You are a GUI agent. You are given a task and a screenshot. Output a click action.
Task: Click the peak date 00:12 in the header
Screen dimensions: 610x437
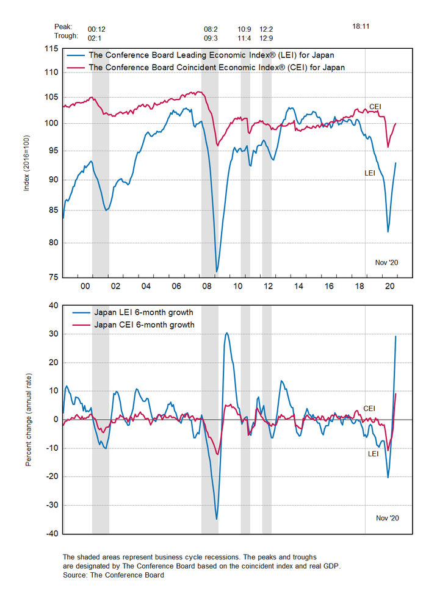coord(96,28)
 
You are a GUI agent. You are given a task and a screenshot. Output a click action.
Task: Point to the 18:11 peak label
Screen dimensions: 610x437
coord(362,27)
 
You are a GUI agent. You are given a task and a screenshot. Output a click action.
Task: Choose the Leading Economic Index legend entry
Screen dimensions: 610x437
coord(211,56)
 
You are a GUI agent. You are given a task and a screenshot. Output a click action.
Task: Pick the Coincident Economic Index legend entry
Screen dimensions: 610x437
coord(217,67)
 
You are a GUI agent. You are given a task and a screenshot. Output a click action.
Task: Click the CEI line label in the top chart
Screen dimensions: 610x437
coord(375,107)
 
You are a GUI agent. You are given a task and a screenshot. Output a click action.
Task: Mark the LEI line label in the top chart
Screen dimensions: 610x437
coord(370,173)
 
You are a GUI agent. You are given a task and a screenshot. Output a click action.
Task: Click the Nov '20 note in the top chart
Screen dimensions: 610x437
coord(386,262)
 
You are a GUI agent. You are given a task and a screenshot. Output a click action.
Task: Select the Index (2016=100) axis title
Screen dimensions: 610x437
coord(26,163)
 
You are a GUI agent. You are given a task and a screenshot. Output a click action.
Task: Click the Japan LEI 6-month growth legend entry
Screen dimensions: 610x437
coord(143,313)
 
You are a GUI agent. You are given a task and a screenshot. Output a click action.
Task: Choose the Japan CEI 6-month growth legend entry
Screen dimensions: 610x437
coord(144,325)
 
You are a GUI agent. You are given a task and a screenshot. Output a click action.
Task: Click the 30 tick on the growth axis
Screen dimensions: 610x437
coord(52,334)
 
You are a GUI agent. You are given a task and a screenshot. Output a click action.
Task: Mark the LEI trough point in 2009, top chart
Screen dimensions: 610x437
coord(217,272)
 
